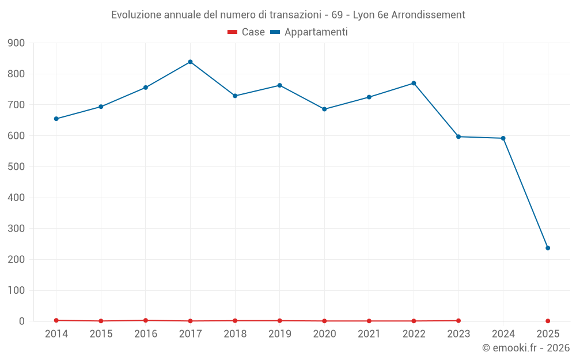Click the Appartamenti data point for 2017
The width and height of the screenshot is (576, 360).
[190, 62]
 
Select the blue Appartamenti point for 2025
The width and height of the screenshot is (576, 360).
[548, 248]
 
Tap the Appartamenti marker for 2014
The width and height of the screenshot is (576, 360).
[56, 119]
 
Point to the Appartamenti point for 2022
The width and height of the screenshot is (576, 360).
[414, 83]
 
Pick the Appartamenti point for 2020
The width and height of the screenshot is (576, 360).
[324, 109]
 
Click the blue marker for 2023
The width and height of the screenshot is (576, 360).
[458, 137]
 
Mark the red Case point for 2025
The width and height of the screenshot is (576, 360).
[548, 321]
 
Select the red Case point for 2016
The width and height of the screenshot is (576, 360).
[146, 320]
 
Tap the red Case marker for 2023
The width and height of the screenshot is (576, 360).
[458, 320]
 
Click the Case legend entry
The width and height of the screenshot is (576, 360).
[246, 32]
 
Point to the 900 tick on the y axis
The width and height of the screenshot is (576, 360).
[16, 43]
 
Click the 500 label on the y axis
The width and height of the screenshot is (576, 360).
[16, 167]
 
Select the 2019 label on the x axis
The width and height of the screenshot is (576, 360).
[280, 334]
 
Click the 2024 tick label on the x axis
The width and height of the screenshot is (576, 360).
[503, 334]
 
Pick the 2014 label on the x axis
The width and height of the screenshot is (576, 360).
[56, 334]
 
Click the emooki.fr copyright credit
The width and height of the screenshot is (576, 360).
[526, 348]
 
